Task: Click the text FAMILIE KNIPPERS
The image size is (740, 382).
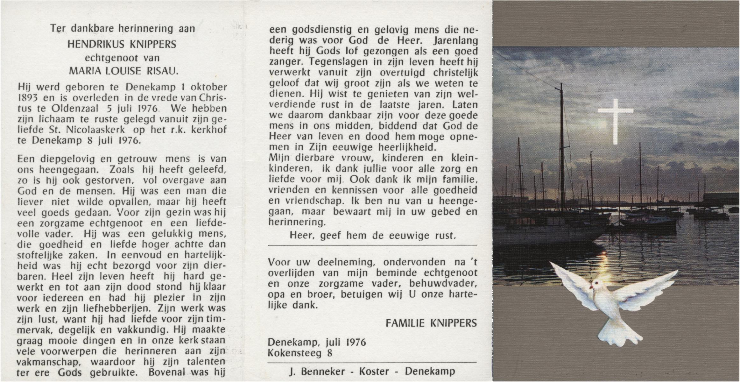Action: click(x=431, y=323)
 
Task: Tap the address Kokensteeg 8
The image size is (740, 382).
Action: click(x=300, y=353)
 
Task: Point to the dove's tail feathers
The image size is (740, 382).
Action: click(x=615, y=336)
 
